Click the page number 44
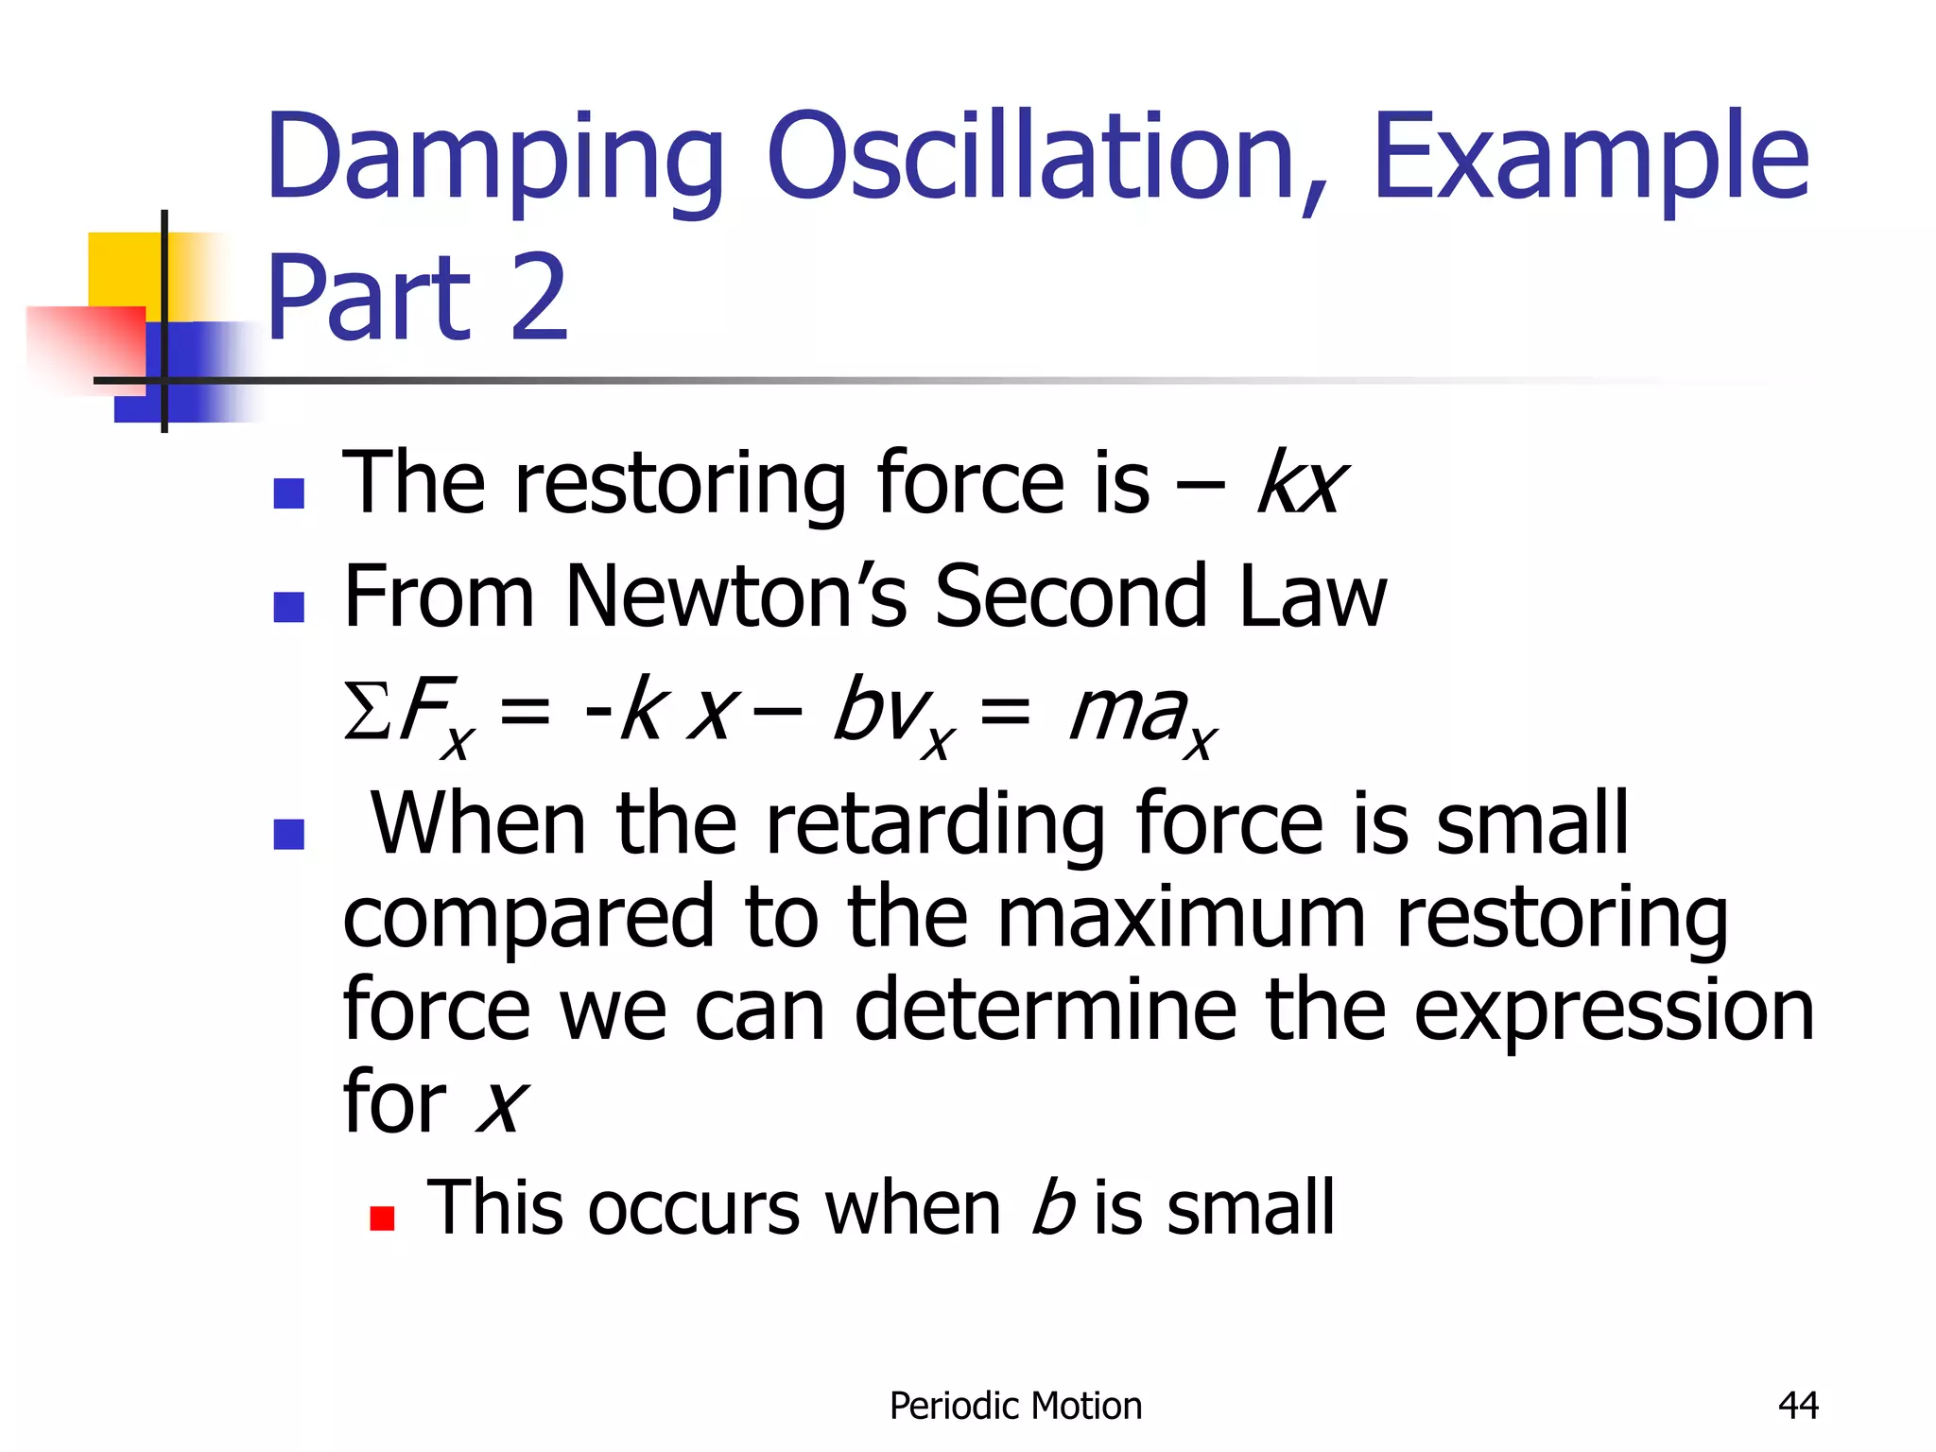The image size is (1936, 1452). [1798, 1406]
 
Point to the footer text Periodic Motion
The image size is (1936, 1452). [1015, 1407]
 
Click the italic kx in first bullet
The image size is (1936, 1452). [1301, 483]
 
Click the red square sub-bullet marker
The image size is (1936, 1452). [382, 1218]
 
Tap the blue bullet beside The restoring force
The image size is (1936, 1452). [288, 493]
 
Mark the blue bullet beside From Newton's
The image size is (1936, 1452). [288, 606]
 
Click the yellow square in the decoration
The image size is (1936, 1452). [123, 268]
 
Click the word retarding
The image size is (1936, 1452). [934, 824]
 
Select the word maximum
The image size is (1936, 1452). [1182, 917]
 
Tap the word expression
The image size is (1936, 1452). [1613, 1010]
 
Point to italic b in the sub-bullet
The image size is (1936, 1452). [1051, 1208]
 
